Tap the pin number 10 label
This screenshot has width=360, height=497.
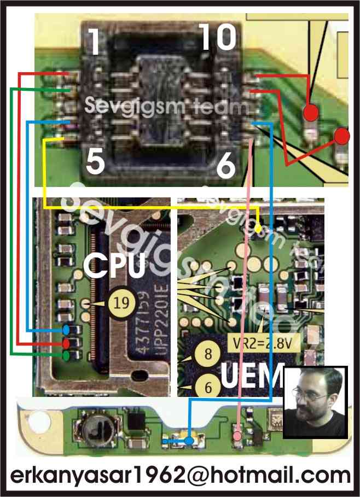(217, 38)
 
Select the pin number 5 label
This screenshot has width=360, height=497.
(95, 162)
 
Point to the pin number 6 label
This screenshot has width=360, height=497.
(225, 166)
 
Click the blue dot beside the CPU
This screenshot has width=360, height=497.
(66, 330)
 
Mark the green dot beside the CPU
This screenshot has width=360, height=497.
(66, 355)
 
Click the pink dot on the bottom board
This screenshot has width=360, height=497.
(236, 436)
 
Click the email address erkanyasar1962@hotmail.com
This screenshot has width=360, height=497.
(179, 474)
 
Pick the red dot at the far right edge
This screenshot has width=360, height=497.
(342, 135)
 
